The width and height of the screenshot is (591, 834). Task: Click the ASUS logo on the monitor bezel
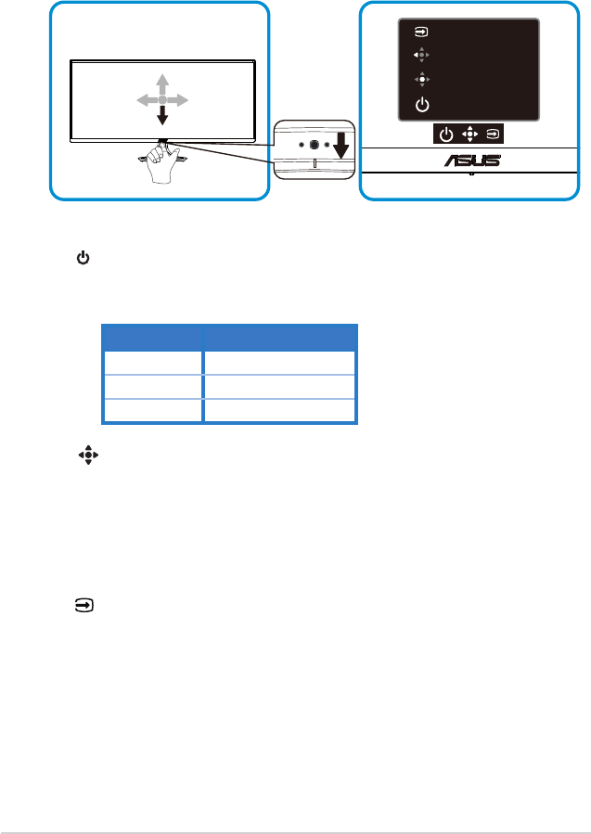472,160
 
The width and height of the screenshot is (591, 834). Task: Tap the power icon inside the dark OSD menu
422,105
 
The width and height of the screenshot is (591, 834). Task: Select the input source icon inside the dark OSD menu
421,32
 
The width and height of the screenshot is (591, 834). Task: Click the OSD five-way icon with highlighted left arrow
421,55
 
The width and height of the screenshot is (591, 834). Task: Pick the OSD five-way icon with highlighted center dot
422,79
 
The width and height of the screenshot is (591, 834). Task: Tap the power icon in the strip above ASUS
446,135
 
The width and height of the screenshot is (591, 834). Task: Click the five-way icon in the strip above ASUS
469,135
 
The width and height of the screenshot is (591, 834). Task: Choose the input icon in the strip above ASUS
494,135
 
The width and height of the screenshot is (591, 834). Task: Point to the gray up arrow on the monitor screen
162,84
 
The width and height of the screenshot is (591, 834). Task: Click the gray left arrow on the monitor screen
148,99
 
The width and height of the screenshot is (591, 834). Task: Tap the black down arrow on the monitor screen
162,114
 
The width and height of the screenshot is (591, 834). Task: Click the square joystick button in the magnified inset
314,144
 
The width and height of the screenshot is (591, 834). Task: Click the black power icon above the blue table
83,259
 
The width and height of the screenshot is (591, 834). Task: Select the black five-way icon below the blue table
88,455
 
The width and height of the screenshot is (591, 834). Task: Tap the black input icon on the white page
84,605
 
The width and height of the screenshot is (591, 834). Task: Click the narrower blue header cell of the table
152,337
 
